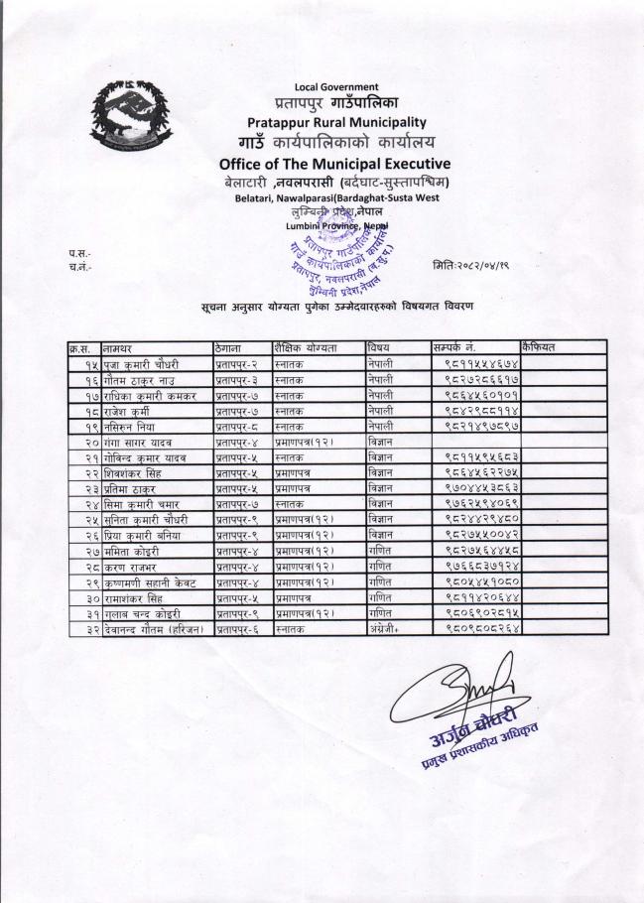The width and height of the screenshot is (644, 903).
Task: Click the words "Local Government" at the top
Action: point(337,87)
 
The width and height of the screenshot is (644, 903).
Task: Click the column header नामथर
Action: point(121,348)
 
